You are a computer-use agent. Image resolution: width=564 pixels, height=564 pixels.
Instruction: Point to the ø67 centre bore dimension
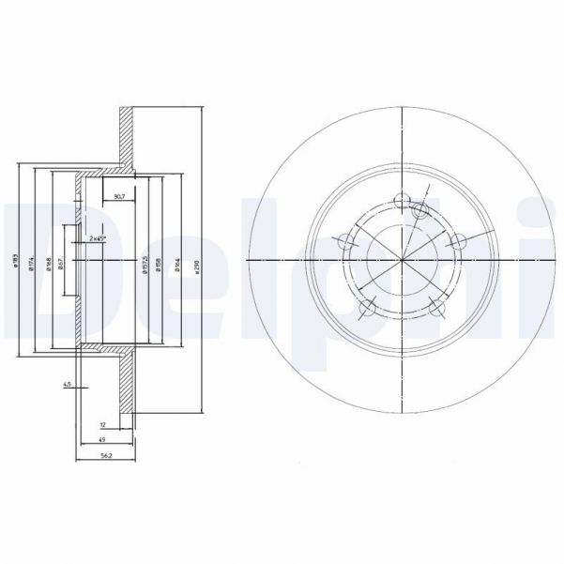coord(60,263)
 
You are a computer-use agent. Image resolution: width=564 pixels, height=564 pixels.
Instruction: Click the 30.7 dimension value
coord(118,196)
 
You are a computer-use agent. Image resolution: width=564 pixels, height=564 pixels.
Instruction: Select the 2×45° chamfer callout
coord(98,238)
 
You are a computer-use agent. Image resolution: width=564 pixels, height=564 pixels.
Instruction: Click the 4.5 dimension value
coord(67,385)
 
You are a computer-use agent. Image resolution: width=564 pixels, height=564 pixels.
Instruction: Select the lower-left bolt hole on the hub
coord(369,306)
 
